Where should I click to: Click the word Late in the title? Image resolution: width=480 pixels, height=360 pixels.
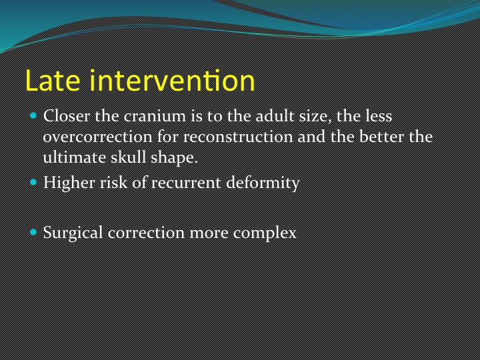point(53,81)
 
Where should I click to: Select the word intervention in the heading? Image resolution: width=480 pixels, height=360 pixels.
point(172,81)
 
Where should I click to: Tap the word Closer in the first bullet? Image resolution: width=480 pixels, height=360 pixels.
point(67,116)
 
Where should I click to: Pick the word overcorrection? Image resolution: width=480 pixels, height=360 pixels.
point(97,137)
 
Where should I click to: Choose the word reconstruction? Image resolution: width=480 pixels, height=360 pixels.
point(238,137)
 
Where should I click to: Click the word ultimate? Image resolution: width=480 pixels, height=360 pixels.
point(74,157)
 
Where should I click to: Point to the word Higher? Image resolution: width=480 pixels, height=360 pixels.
point(69,183)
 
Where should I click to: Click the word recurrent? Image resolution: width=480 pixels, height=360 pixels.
point(185,183)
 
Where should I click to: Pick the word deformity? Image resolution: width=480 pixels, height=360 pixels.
point(263,183)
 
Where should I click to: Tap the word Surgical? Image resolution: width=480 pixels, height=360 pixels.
point(73,233)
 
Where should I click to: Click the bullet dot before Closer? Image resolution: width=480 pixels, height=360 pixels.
point(33,116)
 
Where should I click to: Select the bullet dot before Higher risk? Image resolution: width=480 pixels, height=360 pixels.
point(33,183)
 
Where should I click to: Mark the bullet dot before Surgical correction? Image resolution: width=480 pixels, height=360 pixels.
point(33,233)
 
